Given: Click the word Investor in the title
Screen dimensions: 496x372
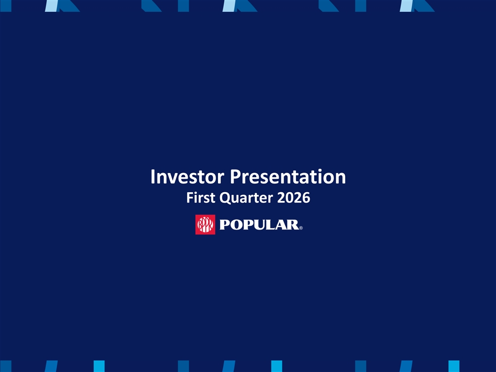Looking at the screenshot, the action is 187,177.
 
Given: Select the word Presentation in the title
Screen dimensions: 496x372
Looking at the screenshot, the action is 288,177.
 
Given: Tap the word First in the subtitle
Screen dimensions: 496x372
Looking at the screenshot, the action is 200,197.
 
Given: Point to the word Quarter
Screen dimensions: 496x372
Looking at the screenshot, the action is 246,198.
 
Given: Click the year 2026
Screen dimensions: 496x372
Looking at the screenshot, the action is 293,197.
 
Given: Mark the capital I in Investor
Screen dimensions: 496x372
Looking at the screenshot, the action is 152,177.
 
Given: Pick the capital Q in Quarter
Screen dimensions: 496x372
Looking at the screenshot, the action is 225,198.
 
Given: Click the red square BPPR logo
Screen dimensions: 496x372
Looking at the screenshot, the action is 205,225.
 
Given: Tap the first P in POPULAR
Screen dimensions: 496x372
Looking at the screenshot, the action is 225,225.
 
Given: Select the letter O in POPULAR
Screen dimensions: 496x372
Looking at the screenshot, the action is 237,225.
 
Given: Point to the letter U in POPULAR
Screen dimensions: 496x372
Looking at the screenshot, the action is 262,225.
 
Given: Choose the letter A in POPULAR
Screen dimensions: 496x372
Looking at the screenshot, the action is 284,225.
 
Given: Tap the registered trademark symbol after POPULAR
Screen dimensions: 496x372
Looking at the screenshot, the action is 301,228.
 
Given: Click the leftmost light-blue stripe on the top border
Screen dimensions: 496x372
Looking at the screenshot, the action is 52,6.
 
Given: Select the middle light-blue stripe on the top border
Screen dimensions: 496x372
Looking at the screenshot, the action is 229,6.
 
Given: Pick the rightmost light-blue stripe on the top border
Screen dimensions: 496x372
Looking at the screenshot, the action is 407,6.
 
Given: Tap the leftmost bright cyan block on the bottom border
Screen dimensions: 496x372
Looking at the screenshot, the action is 99,366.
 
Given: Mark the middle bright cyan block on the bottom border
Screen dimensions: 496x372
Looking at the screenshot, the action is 276,366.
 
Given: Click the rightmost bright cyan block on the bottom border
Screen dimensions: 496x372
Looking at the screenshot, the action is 454,366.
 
